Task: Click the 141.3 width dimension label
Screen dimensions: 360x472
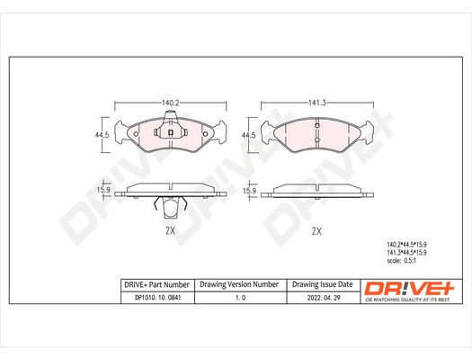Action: click(x=316, y=103)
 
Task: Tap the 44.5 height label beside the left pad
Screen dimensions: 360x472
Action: click(x=103, y=135)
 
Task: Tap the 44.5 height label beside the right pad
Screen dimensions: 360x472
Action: click(x=249, y=135)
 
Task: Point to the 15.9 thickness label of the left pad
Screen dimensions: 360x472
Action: click(x=103, y=190)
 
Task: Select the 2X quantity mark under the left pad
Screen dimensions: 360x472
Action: click(x=170, y=230)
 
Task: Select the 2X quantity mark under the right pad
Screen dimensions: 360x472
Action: click(x=316, y=230)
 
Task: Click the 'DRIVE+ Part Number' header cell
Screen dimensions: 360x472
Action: click(x=156, y=283)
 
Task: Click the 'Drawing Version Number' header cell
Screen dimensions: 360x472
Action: click(x=238, y=283)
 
